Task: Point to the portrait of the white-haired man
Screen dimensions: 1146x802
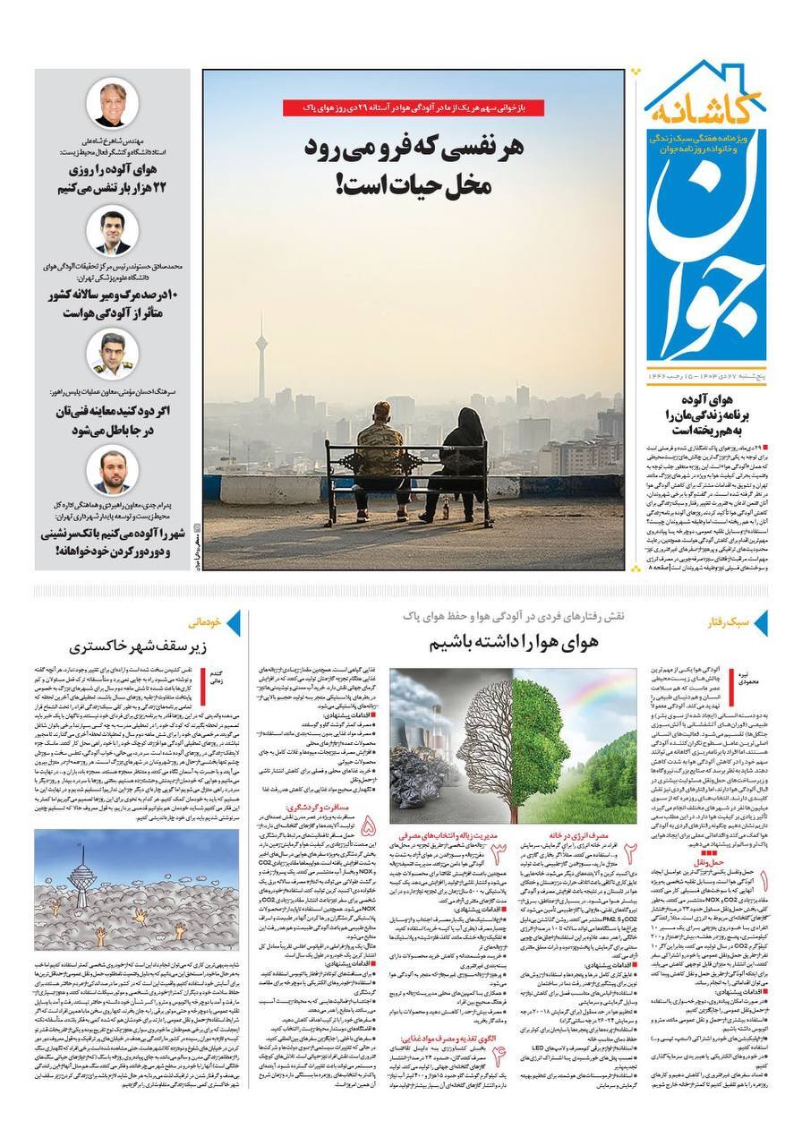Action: pyautogui.click(x=112, y=105)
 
